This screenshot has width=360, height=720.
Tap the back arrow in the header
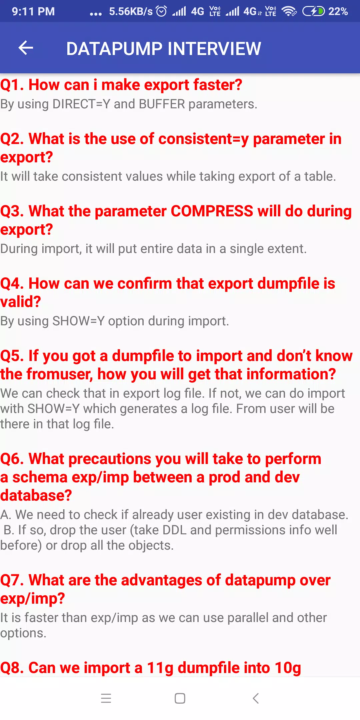pos(26,48)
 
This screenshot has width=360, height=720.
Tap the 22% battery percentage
pos(338,12)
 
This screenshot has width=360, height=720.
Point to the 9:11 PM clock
pos(33,12)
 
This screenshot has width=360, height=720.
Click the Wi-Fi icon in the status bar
pos(289,11)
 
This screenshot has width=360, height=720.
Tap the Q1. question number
pos(12,85)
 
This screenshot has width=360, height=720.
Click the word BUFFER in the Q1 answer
pos(162,104)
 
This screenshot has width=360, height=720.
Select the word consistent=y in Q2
pos(204,139)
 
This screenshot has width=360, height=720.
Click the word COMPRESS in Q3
pos(212,211)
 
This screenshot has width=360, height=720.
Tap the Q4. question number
pos(12,284)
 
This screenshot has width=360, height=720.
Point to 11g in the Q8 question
pos(160,668)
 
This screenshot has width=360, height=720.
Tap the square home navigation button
pos(180,698)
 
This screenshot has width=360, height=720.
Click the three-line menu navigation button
pos(106,698)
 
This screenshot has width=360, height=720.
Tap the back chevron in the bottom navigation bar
pos(256,698)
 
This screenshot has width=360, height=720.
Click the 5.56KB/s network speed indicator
pos(131,12)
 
